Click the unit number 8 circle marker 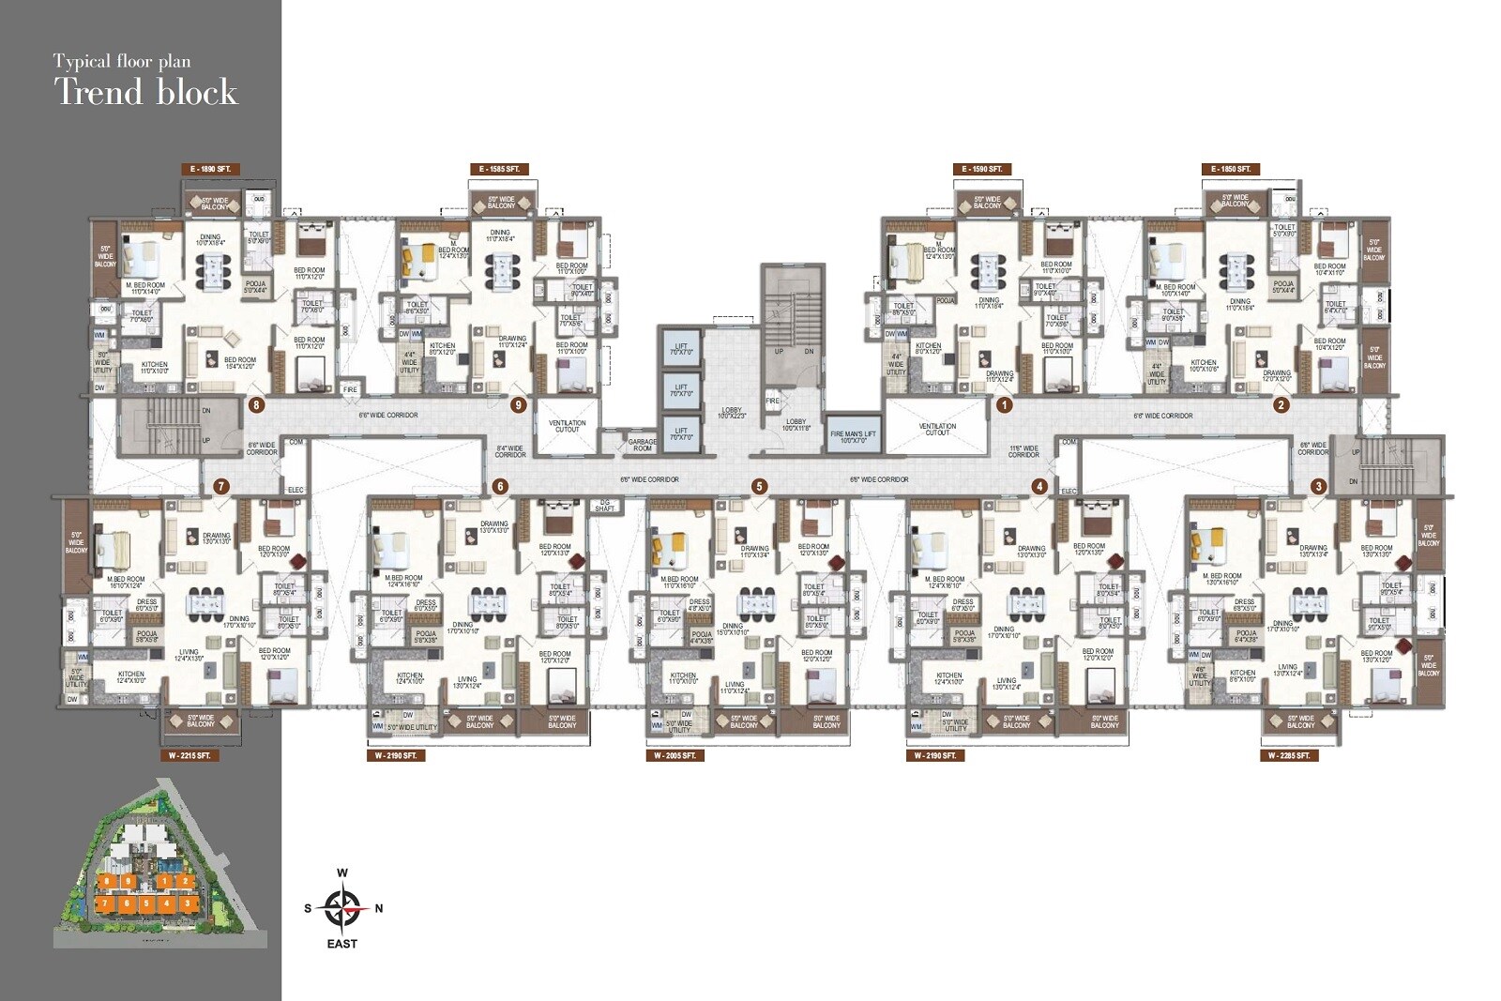[256, 406]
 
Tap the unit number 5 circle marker [759, 486]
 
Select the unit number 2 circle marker [1281, 405]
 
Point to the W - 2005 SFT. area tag [675, 755]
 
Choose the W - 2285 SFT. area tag [1289, 755]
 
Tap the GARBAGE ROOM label [643, 445]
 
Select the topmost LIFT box [681, 350]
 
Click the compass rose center [342, 907]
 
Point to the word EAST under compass [342, 944]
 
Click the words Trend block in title [145, 92]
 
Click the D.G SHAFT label [605, 506]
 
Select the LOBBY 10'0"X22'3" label [732, 413]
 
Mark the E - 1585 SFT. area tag [499, 169]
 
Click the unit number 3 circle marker [1319, 486]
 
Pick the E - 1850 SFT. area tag [1231, 169]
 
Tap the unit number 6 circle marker [500, 486]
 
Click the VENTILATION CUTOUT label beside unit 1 [937, 429]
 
